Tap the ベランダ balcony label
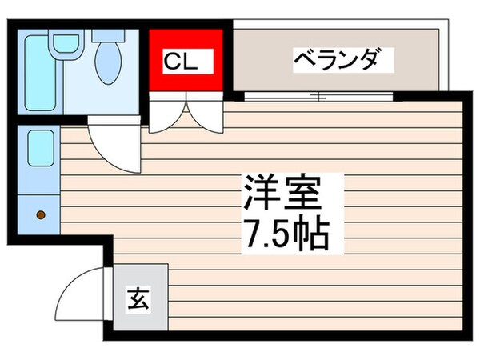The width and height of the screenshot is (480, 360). pos(334,60)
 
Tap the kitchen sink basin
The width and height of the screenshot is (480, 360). pos(39,147)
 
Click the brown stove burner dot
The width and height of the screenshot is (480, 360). pos(40,214)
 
